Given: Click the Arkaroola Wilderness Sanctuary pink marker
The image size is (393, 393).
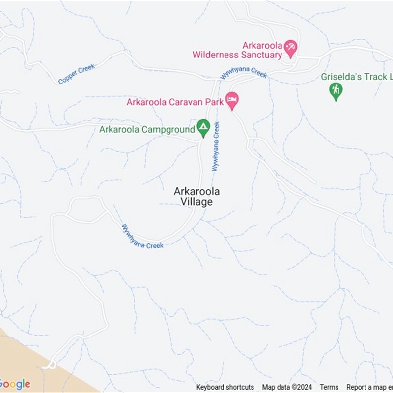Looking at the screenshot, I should point(291,48).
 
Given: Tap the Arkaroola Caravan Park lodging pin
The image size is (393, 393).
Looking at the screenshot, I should point(232,101).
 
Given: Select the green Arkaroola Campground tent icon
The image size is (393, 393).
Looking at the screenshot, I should point(203,128).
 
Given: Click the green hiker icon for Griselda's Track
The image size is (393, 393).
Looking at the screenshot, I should point(336,90).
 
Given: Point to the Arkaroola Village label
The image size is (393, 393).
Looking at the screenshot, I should point(196,196).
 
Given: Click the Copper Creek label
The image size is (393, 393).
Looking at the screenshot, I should point(76,74).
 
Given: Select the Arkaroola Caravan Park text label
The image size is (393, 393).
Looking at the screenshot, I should point(175,102).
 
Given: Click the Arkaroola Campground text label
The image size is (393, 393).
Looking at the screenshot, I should point(147,130).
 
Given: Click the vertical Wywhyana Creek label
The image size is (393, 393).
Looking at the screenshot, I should point(216,146).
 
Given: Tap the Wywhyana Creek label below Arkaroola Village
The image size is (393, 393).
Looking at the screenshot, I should point(142,236).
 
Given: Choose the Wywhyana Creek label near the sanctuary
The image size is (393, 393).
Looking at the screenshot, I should point(244,73).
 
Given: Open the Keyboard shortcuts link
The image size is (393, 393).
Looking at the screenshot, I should point(225,387).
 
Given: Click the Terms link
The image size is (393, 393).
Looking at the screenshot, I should point(329,387).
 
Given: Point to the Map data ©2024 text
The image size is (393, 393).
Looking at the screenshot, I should point(287,387).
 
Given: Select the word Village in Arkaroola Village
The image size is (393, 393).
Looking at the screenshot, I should point(196,202).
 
